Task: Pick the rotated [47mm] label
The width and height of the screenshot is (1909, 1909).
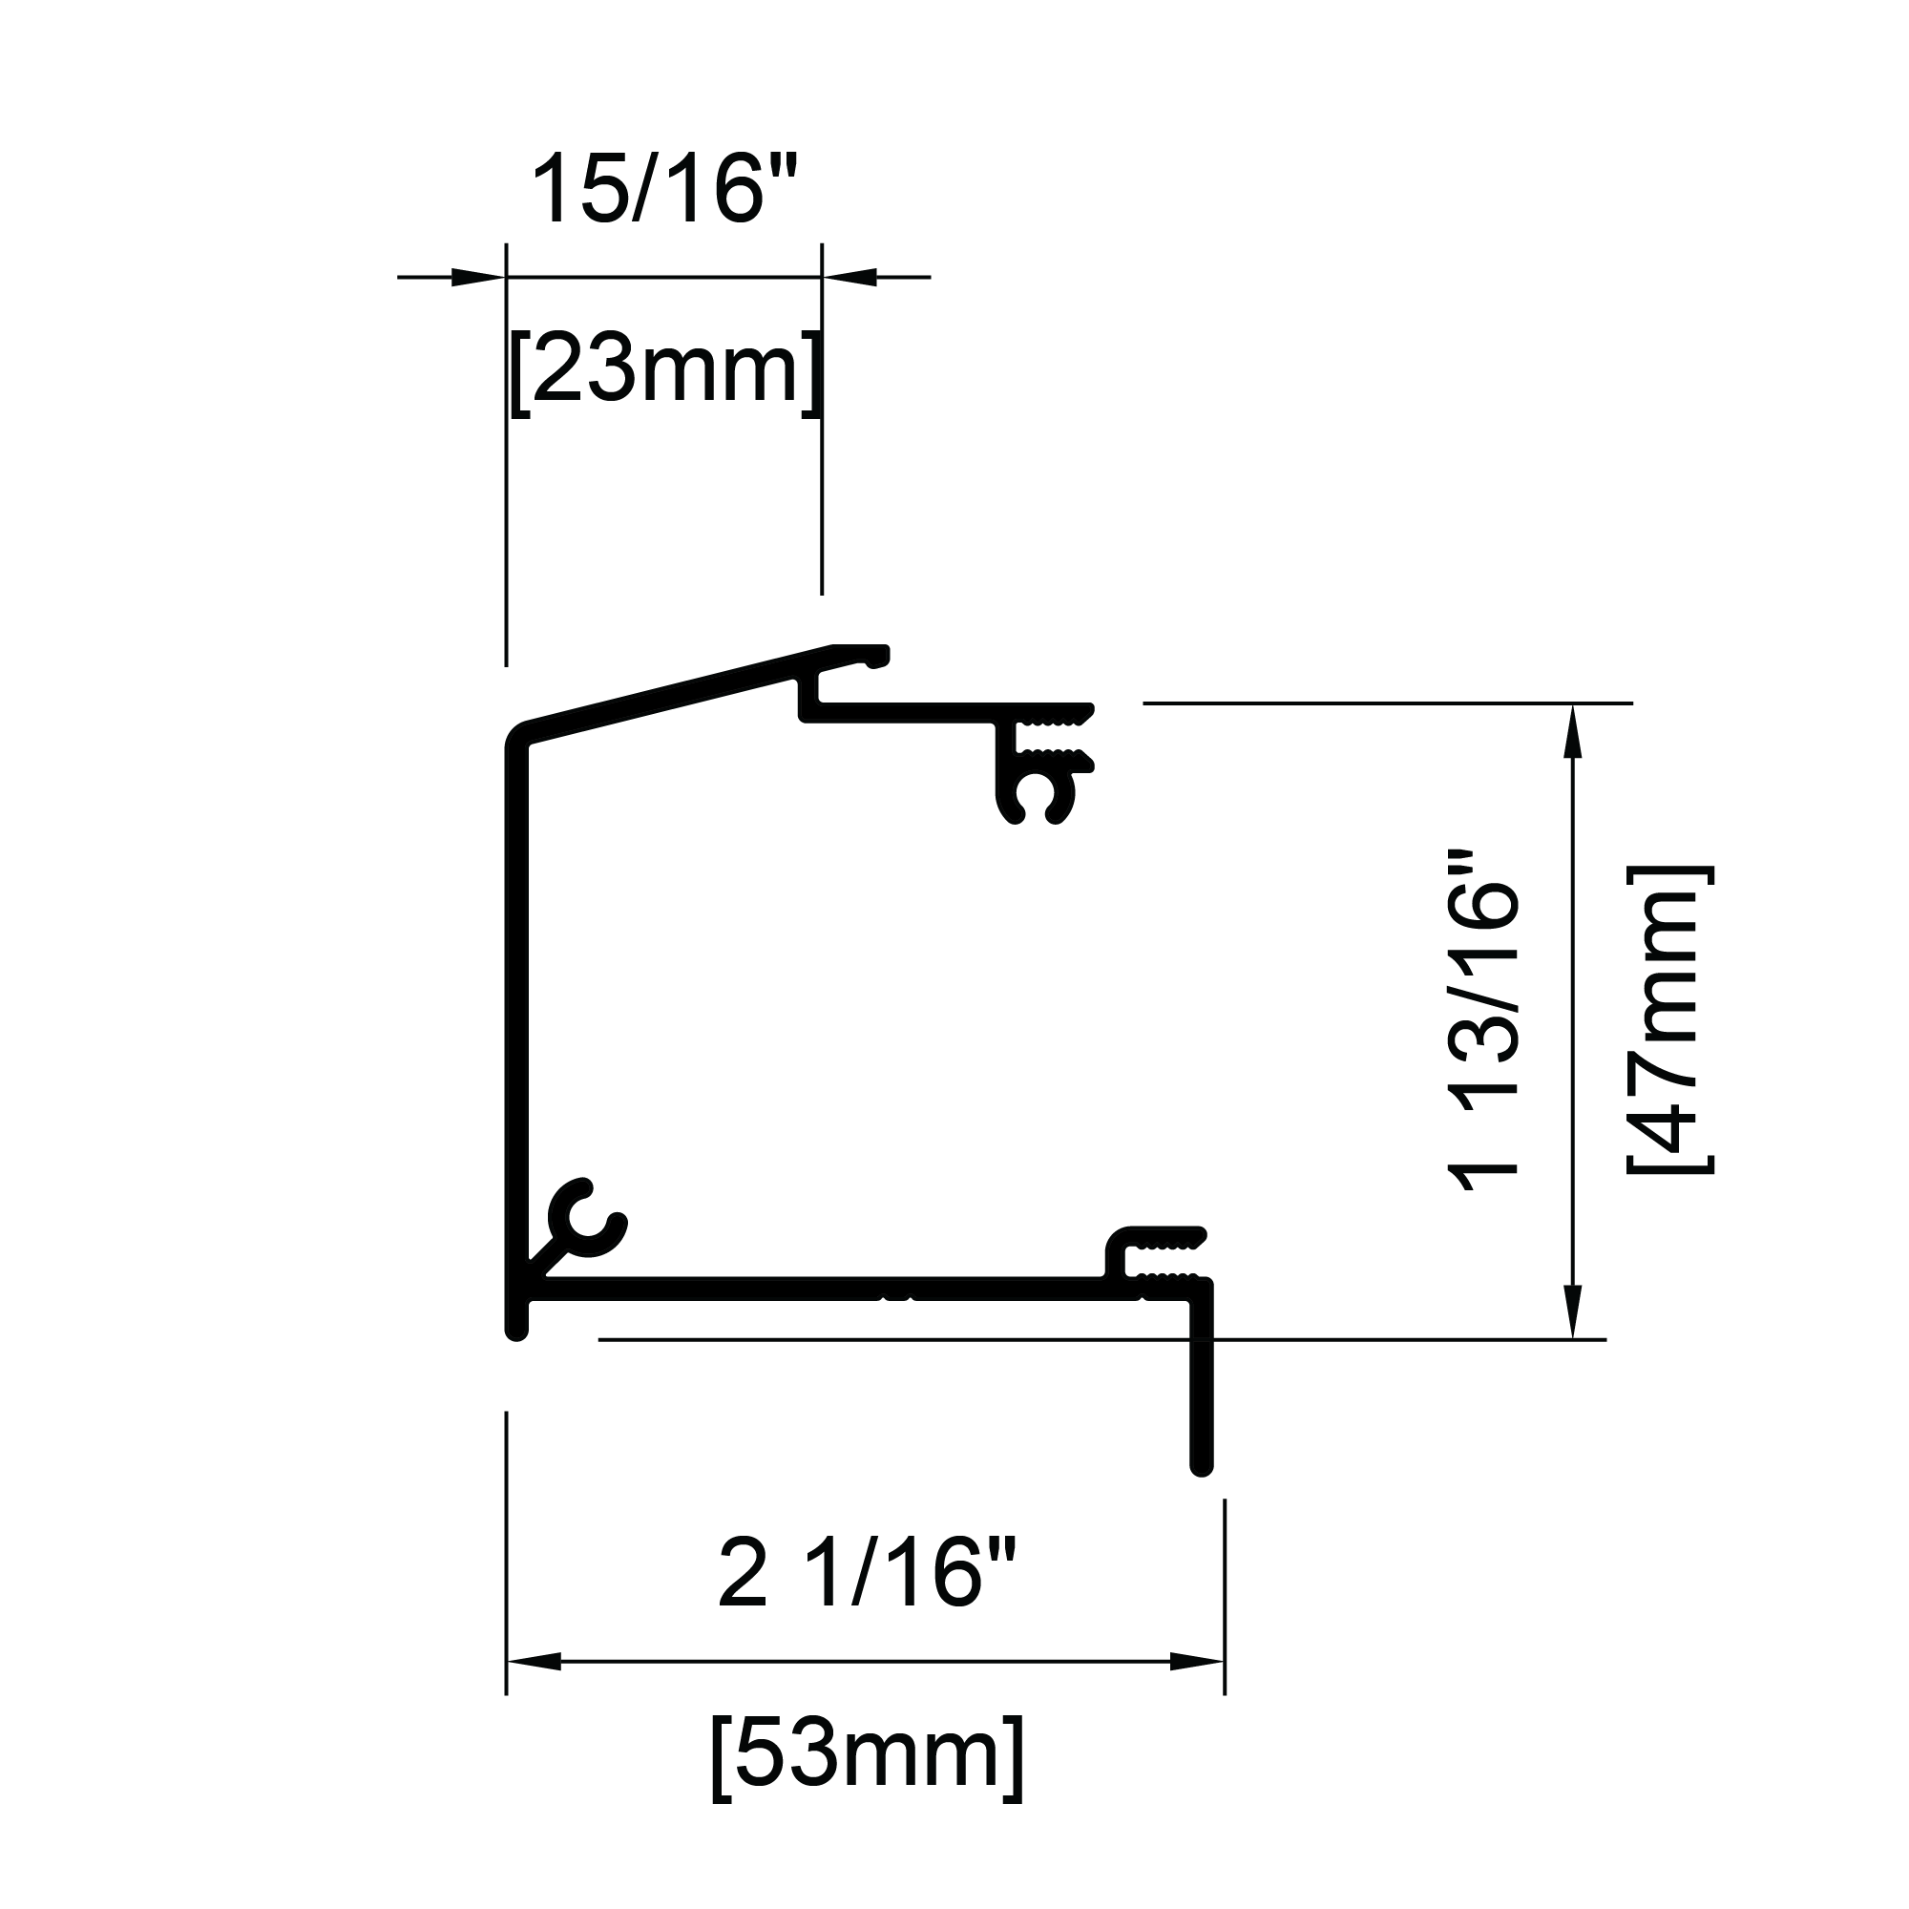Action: (x=1669, y=1019)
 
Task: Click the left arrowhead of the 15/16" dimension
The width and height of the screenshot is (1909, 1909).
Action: (x=477, y=277)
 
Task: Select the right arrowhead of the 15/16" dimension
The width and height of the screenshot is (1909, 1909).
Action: (x=850, y=277)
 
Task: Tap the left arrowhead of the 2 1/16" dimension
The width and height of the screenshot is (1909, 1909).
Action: (x=535, y=1661)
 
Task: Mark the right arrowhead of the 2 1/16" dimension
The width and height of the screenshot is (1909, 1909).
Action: (x=1197, y=1661)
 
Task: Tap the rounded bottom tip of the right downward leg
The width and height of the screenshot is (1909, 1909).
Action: (x=1202, y=1466)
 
